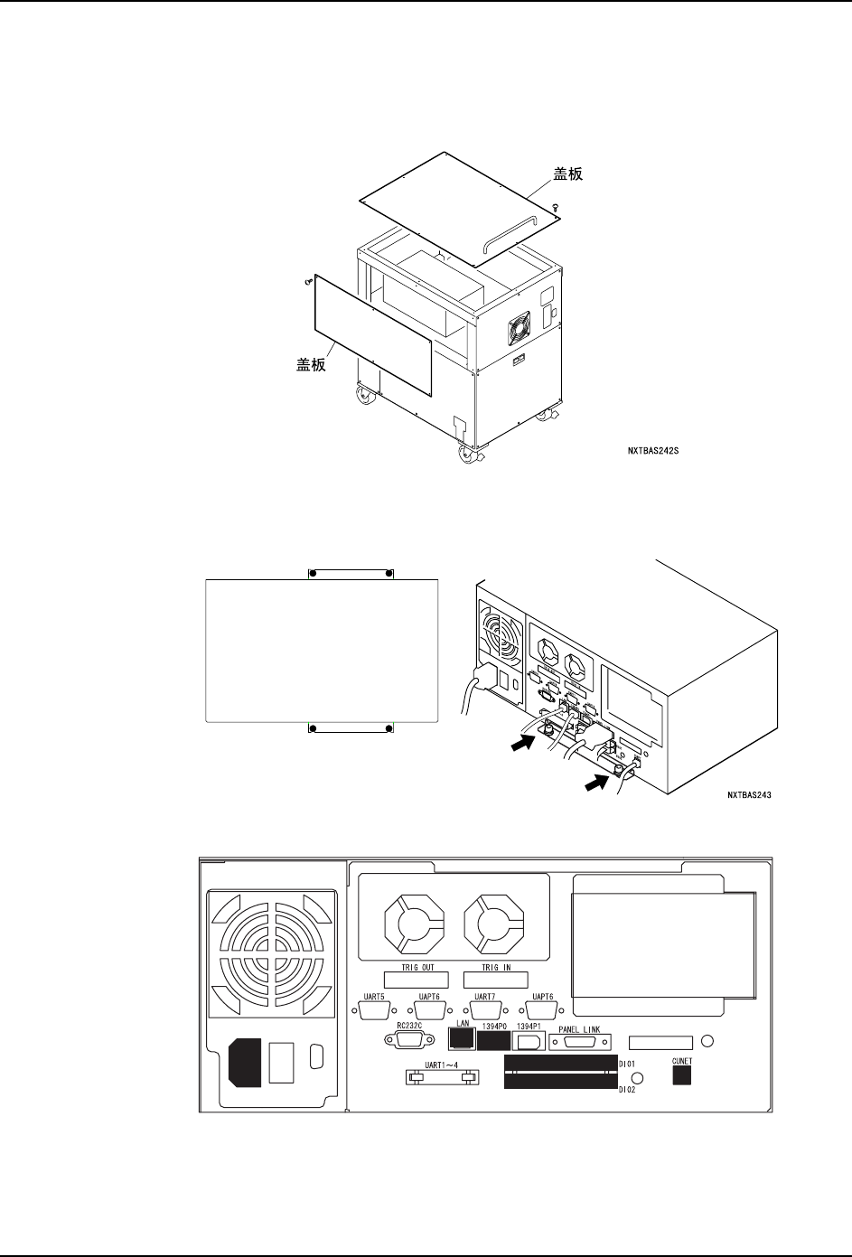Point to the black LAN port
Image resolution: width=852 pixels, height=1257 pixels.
pos(460,1041)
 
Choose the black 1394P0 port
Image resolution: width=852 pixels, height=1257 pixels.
pos(492,1041)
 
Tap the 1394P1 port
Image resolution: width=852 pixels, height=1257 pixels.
pos(530,1041)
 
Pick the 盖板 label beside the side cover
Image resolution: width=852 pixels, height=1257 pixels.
pos(313,366)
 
